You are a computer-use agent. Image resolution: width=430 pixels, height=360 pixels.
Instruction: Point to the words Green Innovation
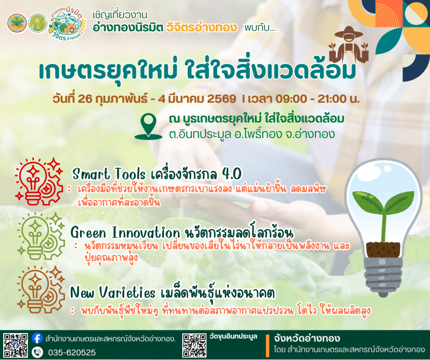(125, 233)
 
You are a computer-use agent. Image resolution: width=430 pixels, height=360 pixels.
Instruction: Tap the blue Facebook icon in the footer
(37, 338)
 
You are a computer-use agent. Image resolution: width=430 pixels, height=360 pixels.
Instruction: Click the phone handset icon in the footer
(37, 352)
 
